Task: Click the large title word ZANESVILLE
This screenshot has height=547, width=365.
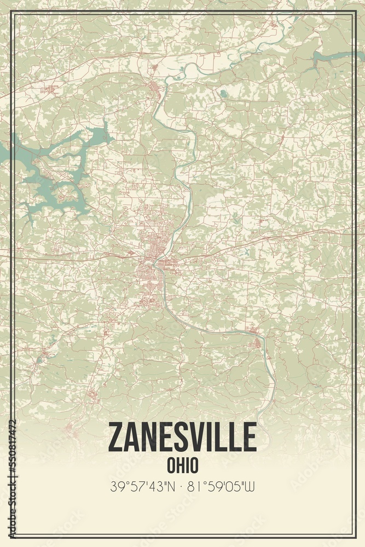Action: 182,437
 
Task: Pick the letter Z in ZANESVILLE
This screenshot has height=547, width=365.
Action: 117,437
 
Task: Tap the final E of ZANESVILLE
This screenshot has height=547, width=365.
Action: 249,437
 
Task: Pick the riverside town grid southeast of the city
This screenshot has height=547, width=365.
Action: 256,342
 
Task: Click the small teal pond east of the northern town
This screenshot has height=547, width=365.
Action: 222,94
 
